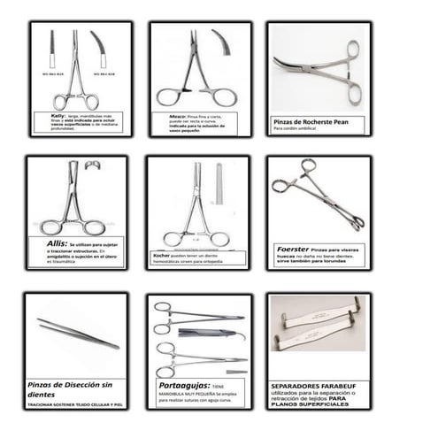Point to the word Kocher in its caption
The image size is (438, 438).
pyautogui.click(x=161, y=254)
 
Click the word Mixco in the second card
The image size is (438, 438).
pyautogui.click(x=175, y=115)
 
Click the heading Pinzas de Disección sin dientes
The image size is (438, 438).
pyautogui.click(x=74, y=380)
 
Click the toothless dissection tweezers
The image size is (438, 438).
pyautogui.click(x=77, y=333)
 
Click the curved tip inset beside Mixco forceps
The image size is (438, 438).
pyautogui.click(x=221, y=42)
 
